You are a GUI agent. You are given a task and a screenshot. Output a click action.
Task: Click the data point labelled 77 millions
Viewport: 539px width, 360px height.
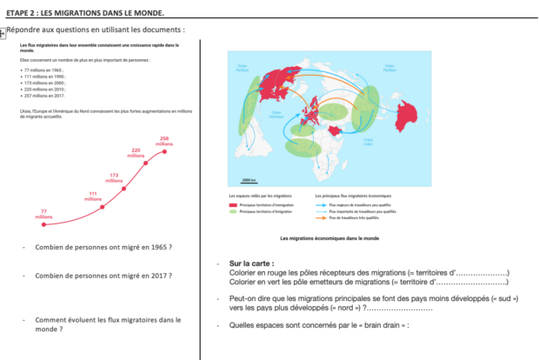coord(43,224)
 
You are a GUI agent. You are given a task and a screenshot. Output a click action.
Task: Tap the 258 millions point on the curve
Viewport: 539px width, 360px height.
coord(163,150)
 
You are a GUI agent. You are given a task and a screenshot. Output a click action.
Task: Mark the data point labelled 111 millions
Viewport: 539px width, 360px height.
coord(102,207)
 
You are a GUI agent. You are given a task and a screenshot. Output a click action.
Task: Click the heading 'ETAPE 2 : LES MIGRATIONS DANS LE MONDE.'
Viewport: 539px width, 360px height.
coord(84,13)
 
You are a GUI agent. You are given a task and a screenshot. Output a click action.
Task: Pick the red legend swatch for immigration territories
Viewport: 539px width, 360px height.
coord(233,204)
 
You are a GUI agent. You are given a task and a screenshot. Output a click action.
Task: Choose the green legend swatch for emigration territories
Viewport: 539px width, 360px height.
coord(233,210)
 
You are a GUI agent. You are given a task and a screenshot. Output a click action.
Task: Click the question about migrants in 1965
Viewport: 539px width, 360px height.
coord(103,248)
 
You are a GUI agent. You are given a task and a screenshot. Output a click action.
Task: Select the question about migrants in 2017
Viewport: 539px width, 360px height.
coord(103,276)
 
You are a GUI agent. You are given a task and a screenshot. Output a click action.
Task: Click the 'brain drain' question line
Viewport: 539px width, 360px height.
coord(313,325)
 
